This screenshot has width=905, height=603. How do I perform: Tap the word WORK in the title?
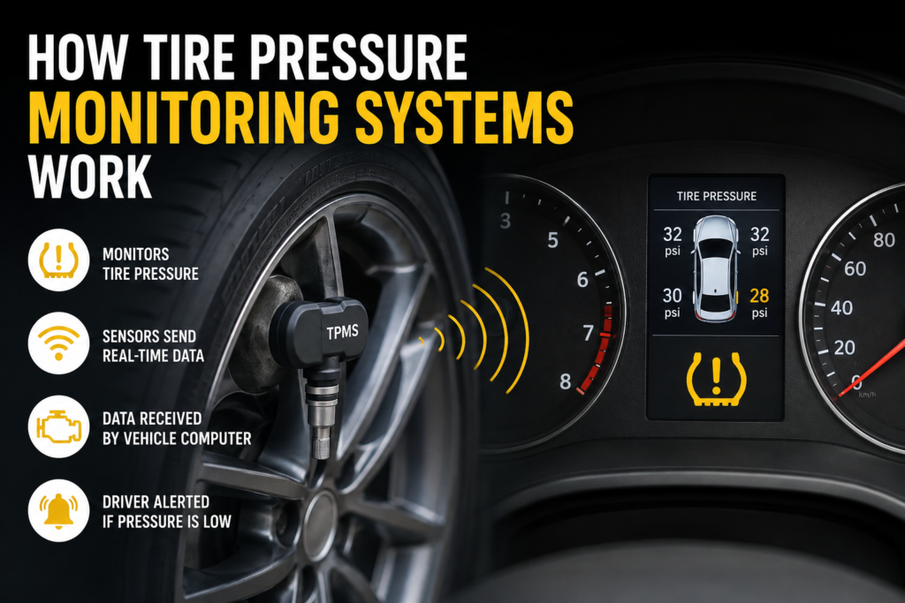[x=89, y=177]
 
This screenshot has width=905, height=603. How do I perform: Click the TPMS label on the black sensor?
[x=342, y=332]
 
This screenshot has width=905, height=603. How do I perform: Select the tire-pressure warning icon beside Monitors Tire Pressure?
[x=58, y=260]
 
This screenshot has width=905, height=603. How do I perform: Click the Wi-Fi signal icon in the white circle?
[x=58, y=343]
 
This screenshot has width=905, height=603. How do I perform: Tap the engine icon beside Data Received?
[x=58, y=426]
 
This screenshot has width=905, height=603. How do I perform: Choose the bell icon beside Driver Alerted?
[x=58, y=510]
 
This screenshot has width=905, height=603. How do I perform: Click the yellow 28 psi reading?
[x=759, y=302]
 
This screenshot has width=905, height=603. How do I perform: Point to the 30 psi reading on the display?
[x=672, y=302]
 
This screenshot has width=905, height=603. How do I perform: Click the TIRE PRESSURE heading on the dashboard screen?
[x=716, y=196]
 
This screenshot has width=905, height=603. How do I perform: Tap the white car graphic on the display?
[x=716, y=268]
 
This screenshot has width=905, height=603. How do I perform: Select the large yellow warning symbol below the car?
[x=716, y=378]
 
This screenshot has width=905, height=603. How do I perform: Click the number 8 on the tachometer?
[x=565, y=381]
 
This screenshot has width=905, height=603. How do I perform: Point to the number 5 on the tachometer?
[x=553, y=240]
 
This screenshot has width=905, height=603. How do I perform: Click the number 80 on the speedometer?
[x=884, y=239]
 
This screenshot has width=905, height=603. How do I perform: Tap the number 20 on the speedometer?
[x=844, y=348]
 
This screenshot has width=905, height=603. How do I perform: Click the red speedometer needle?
[x=871, y=368]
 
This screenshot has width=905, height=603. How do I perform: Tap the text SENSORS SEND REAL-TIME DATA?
[x=153, y=346]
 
